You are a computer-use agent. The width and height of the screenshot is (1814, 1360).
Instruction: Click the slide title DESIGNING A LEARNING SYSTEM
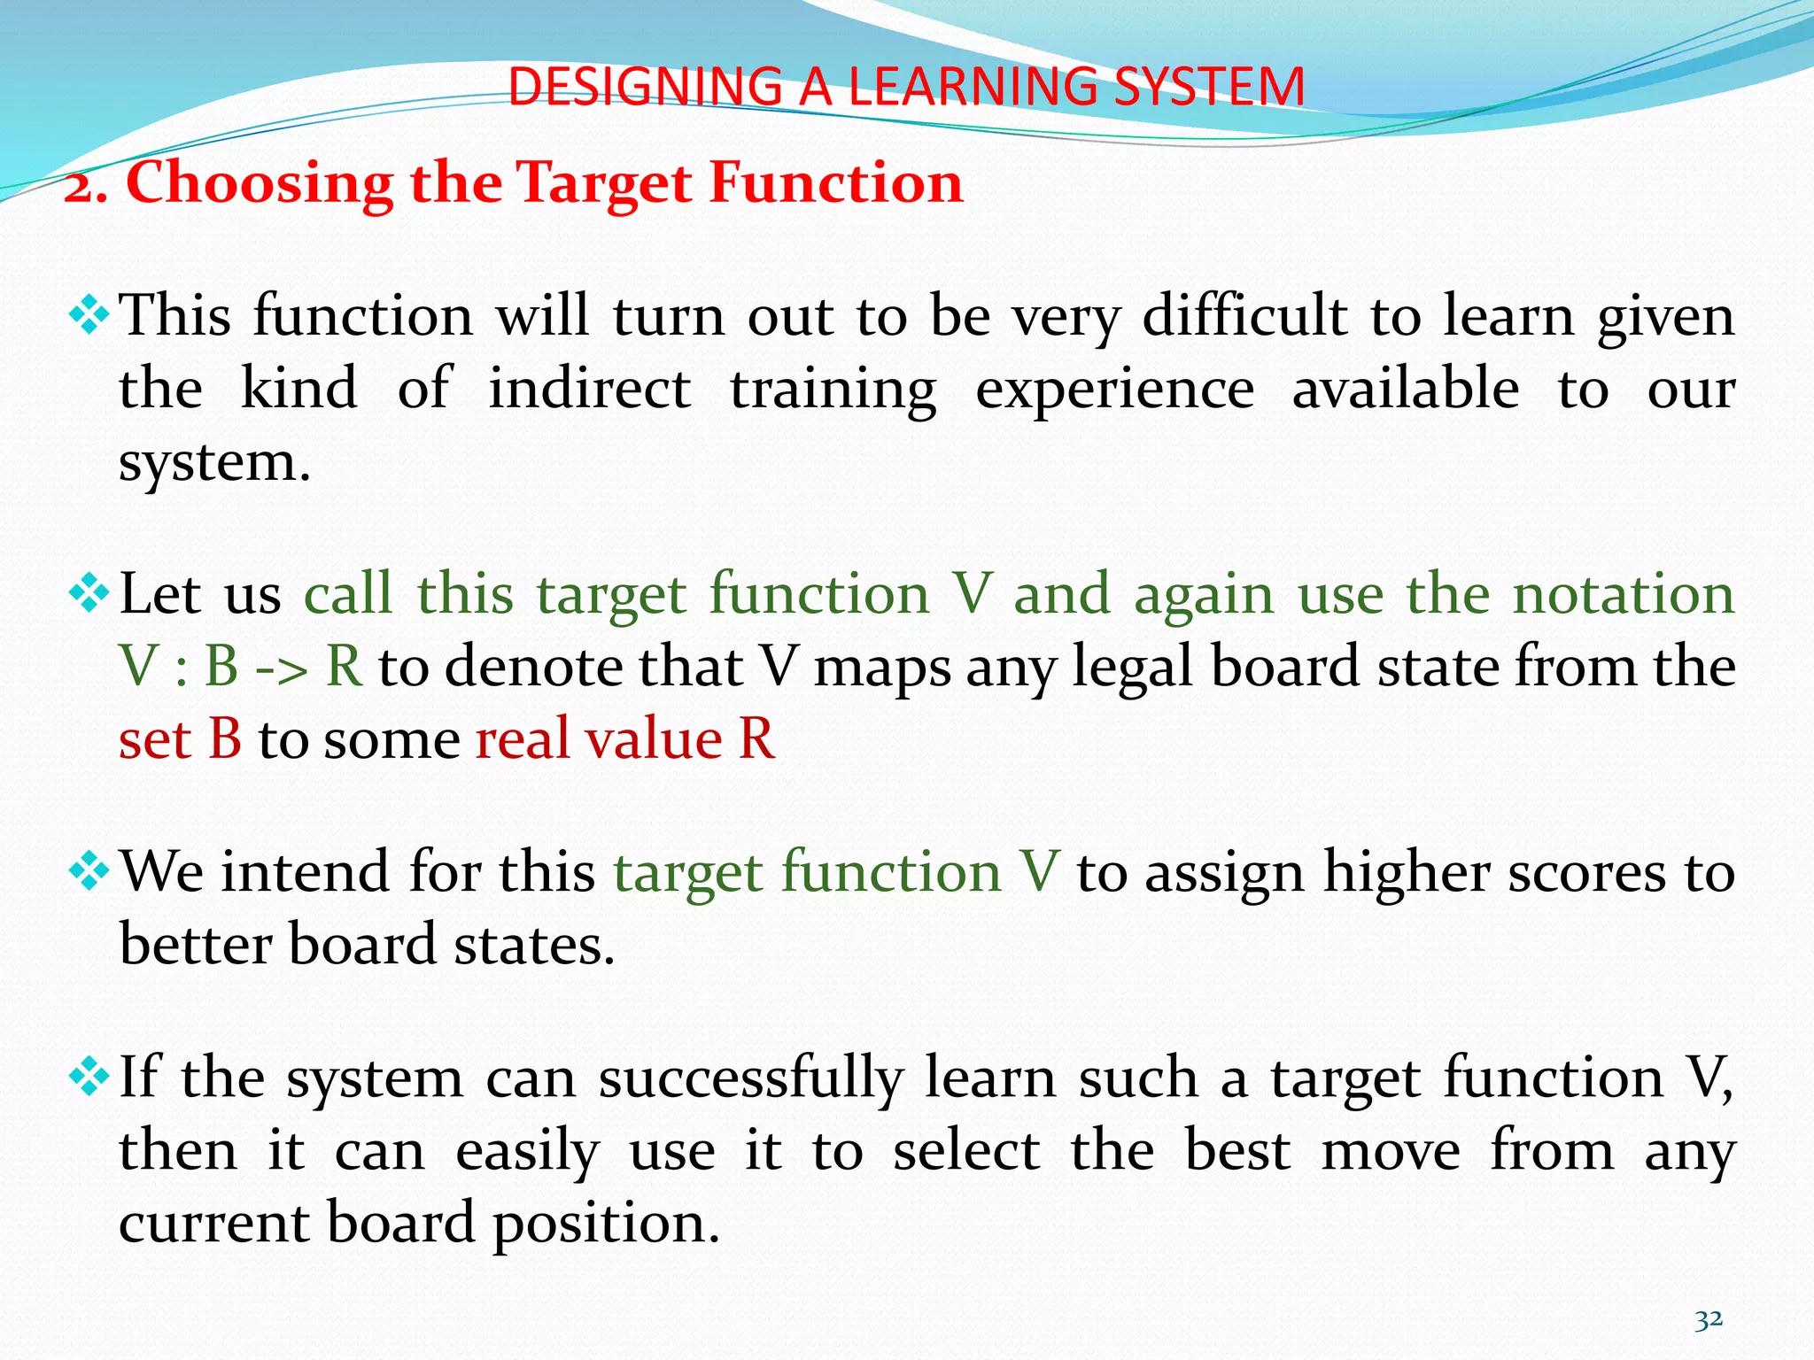(x=906, y=87)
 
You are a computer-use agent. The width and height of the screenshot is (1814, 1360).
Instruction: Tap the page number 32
(x=1709, y=1319)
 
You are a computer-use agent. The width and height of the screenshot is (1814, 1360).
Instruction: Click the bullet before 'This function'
(x=89, y=315)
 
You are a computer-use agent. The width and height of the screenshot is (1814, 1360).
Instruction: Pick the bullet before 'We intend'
(x=89, y=871)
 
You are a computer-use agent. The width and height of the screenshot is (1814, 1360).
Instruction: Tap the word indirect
(x=590, y=389)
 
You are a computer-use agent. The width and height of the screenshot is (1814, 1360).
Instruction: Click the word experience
(x=1115, y=390)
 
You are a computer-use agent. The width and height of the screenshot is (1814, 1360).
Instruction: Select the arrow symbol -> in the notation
(x=282, y=668)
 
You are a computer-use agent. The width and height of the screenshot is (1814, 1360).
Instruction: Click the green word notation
(x=1624, y=593)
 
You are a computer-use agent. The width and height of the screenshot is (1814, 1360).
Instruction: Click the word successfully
(x=751, y=1079)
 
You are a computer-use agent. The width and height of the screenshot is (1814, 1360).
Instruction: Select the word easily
(x=528, y=1153)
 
